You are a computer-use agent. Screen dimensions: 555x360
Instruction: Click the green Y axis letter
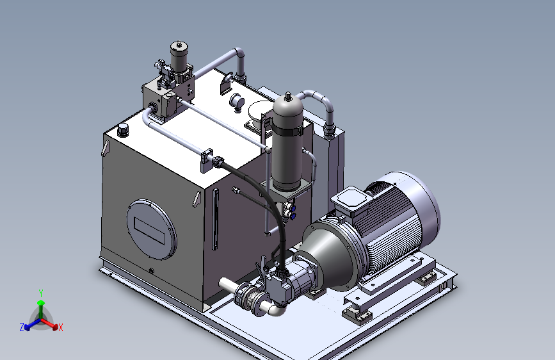[41, 293]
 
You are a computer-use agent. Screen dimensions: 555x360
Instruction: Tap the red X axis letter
[61, 327]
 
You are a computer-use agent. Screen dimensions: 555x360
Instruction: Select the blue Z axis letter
[22, 327]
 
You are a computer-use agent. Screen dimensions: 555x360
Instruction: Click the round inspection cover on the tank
[152, 229]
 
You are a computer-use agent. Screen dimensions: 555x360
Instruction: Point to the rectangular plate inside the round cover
[150, 231]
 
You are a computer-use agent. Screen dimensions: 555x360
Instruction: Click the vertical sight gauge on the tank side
[215, 219]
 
